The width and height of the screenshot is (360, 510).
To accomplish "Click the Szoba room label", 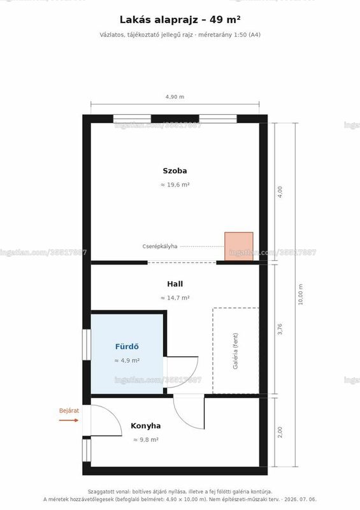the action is coord(175,171).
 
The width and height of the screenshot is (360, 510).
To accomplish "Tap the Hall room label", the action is coord(175,284).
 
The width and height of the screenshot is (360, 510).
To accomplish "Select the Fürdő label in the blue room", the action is coord(127,347).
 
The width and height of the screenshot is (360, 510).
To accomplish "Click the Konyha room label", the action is coord(145,426).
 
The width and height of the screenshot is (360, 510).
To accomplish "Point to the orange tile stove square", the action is coord(239,247).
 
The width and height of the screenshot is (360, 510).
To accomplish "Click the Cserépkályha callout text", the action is coord(160,246).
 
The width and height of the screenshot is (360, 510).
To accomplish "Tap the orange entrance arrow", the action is coord(69,420).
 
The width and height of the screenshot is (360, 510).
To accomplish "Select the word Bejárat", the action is coord(69,411).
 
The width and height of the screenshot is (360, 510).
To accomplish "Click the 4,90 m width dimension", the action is coord(175,97).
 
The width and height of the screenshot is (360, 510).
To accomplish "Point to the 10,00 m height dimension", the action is coord(301,295).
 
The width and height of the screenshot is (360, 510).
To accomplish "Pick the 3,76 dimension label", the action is coord(280,329).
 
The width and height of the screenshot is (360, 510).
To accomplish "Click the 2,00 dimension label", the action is coord(280,432).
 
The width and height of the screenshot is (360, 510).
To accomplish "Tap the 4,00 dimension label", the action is coord(280,192).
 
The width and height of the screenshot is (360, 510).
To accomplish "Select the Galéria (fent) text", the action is coord(236,351).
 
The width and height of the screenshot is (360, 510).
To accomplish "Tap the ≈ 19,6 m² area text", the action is coord(175,185).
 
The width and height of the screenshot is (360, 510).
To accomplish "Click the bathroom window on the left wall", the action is coord(87,344).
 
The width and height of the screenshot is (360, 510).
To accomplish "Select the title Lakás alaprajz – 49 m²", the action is coord(180,20).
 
